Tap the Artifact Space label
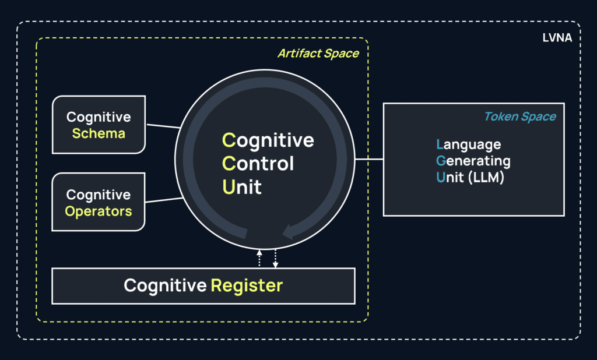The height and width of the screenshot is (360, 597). [x=318, y=54]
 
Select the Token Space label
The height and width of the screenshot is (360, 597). [x=519, y=117]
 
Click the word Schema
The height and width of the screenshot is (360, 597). [x=99, y=133]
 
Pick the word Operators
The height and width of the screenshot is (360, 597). [x=99, y=211]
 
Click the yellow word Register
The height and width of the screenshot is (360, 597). [x=247, y=286]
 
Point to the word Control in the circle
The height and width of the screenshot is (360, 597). [x=258, y=164]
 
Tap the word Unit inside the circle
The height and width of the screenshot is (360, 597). [x=242, y=187]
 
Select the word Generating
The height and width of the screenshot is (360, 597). [x=473, y=160]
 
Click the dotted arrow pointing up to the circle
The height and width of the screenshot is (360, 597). [x=260, y=259]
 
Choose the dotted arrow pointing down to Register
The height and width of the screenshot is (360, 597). [x=275, y=259]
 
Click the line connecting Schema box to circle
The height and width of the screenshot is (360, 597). [x=163, y=125]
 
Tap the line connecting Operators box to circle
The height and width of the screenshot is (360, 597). [x=164, y=200]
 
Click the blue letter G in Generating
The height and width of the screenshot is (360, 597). [x=441, y=160]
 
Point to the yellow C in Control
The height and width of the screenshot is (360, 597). [x=229, y=164]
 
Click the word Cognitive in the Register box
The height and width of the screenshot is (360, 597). [x=165, y=286]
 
